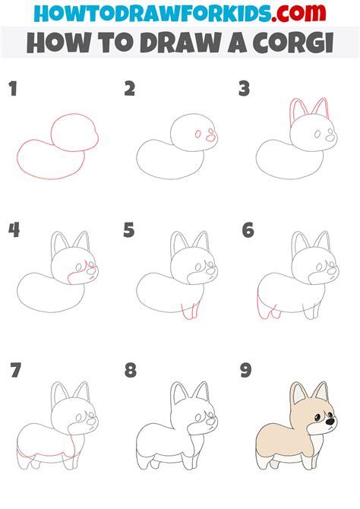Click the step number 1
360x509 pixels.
[x=13, y=90]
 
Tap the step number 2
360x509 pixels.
[x=130, y=89]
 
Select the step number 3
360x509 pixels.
[x=244, y=89]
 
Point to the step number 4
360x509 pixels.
[x=14, y=230]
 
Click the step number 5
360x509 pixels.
[x=130, y=230]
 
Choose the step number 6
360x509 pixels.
[x=247, y=230]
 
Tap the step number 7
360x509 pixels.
[x=14, y=371]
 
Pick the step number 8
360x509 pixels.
[x=130, y=371]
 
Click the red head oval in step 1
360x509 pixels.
[x=74, y=134]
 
